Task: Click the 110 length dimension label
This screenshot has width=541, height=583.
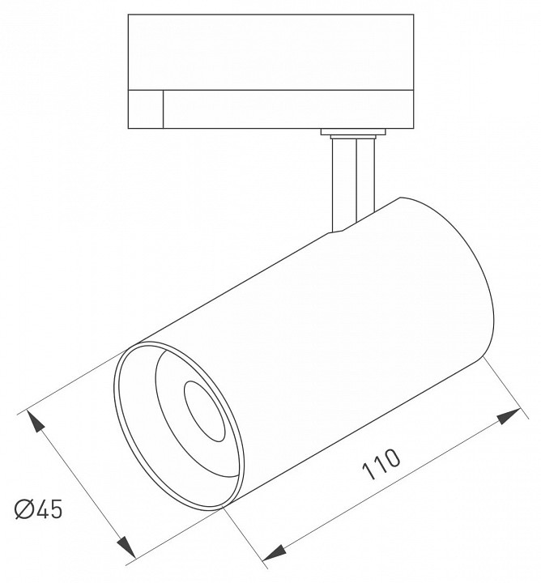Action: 381,465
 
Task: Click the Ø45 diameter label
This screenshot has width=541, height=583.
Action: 39,509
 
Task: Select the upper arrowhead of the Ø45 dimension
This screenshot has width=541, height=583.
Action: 36,421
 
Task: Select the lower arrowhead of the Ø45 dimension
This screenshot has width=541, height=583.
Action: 126,547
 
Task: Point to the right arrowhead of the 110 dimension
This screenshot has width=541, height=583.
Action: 509,415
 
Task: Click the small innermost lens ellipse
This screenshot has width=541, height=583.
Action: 205,411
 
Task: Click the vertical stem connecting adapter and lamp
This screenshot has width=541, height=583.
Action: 353,183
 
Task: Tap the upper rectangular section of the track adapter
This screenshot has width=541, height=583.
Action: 270,52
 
